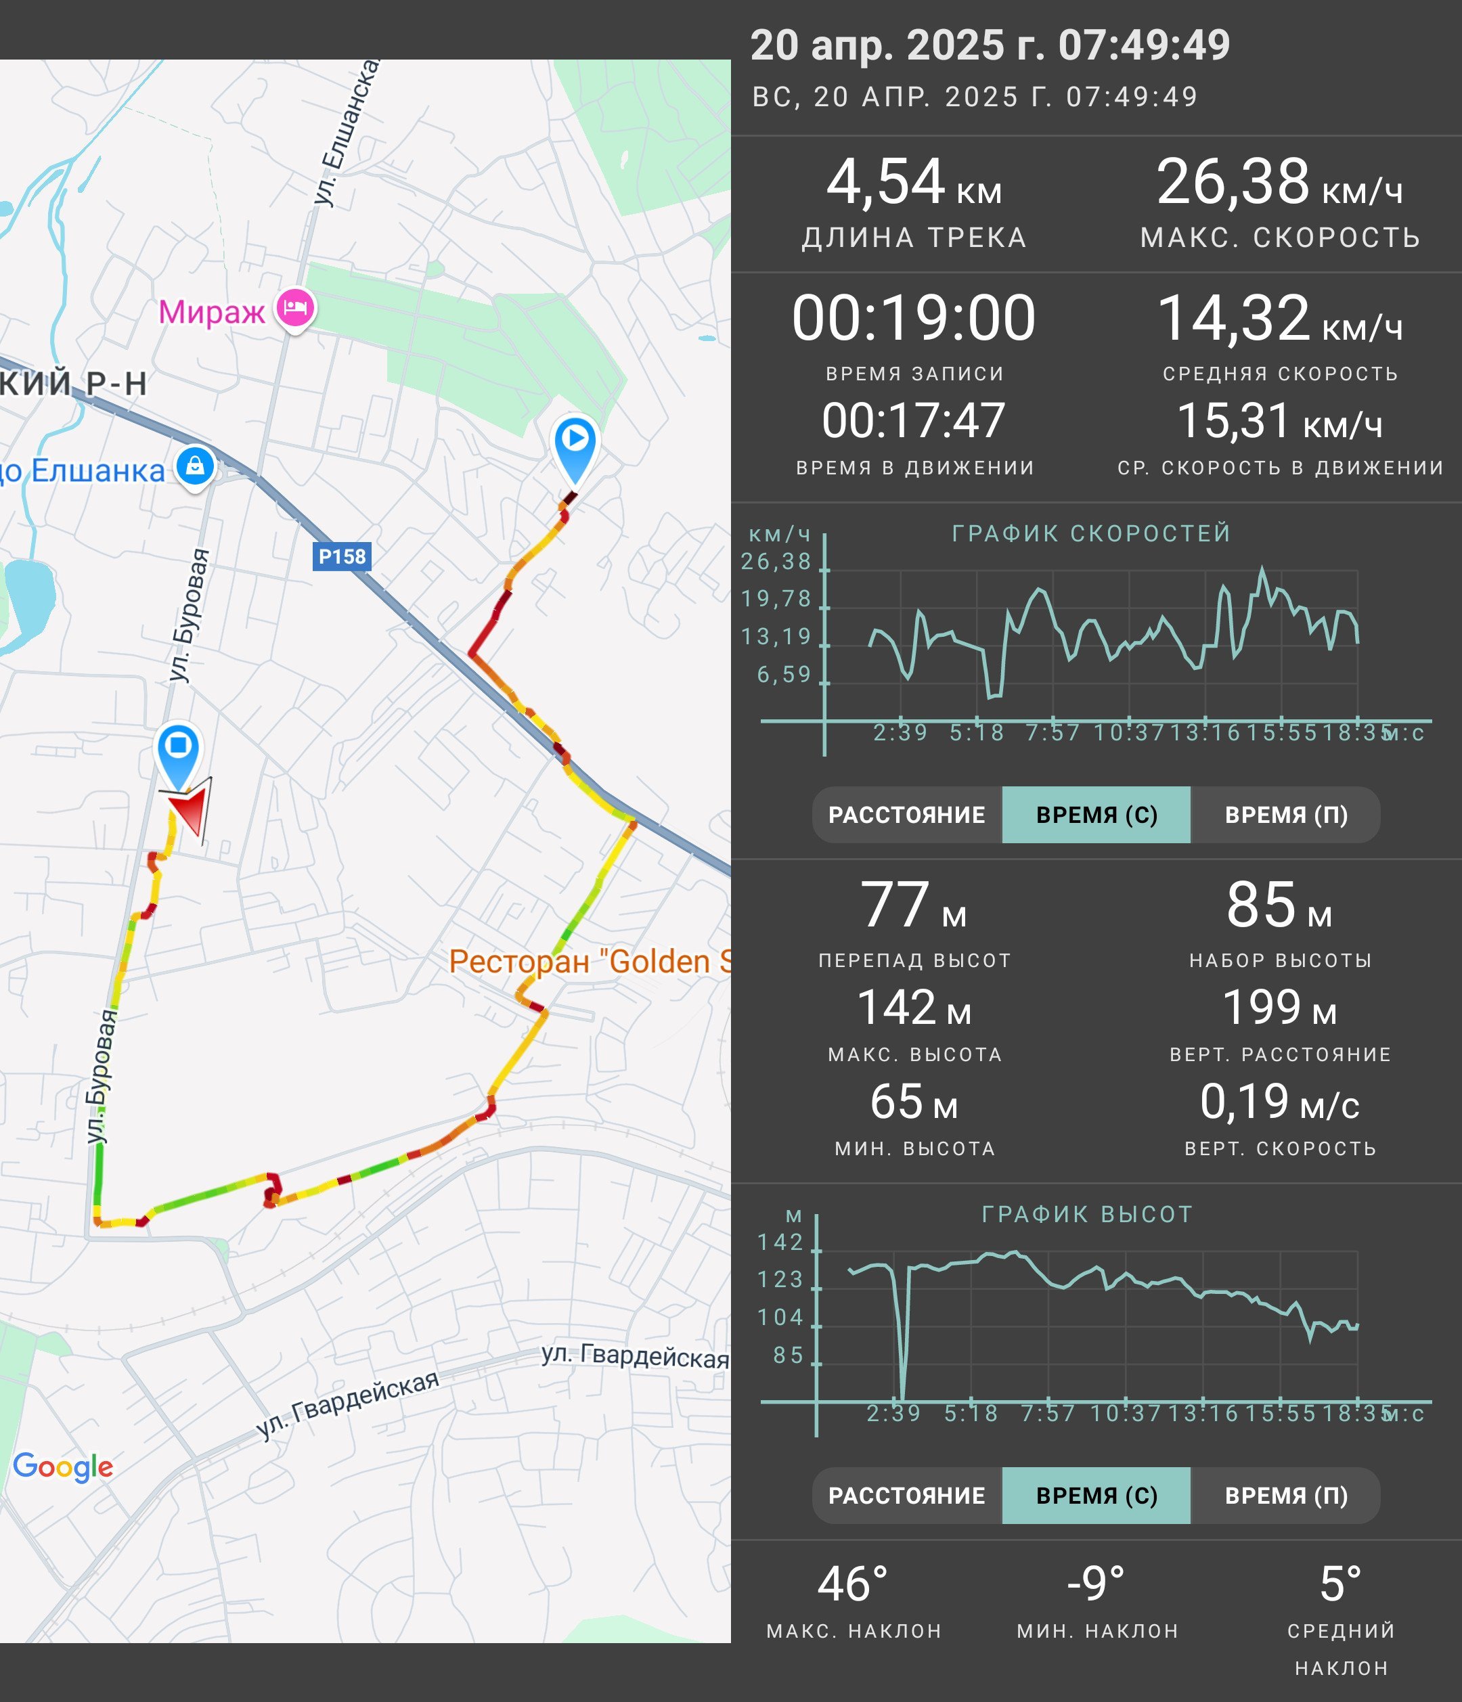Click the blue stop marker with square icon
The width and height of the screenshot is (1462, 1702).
pos(178,754)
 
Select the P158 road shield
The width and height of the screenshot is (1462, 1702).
pos(342,556)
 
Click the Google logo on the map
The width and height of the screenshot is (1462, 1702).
pos(63,1466)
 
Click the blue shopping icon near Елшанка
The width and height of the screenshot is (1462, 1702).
pos(195,468)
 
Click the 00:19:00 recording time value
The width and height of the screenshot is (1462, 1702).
pos(913,318)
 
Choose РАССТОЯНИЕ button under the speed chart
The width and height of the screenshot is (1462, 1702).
pos(907,815)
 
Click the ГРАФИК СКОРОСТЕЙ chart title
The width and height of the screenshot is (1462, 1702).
pos(1092,533)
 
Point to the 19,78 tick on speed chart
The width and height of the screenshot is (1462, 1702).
pos(776,599)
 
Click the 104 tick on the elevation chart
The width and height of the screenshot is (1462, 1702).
pos(780,1318)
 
